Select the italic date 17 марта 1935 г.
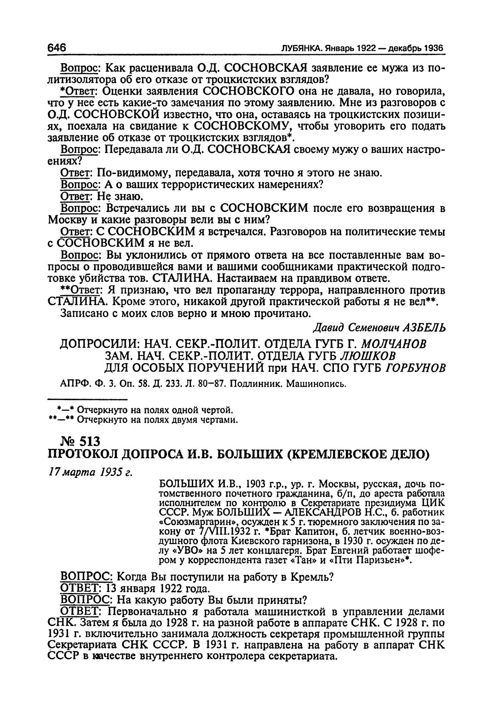[x=89, y=471]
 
